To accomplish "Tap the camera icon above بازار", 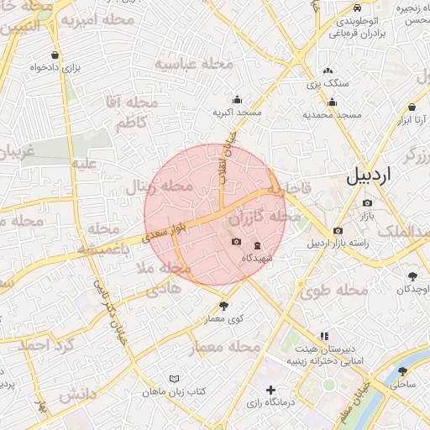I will pos(367,203).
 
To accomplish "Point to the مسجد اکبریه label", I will pos(237,112).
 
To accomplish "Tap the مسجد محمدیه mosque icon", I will pos(333,102).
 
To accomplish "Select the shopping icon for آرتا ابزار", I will pos(412,107).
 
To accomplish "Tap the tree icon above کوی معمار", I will pos(223,306).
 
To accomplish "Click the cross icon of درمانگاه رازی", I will pos(270,390).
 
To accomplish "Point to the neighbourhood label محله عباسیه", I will pos(190,65).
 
